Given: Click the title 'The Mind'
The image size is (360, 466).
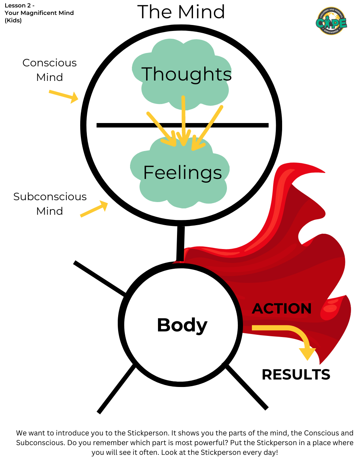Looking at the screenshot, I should pyautogui.click(x=181, y=12).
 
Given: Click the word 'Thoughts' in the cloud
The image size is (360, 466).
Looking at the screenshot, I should pyautogui.click(x=186, y=74).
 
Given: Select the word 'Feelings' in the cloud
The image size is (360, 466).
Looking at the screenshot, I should pyautogui.click(x=183, y=173).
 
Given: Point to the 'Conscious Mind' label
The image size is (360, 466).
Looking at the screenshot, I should pyautogui.click(x=50, y=70).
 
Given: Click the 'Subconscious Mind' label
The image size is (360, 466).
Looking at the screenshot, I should pyautogui.click(x=50, y=204).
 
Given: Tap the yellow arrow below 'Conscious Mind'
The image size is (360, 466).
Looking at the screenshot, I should pyautogui.click(x=63, y=96).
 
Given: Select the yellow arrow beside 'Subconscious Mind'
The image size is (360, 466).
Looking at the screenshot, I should pyautogui.click(x=94, y=209).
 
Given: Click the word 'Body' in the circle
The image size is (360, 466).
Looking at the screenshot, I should pyautogui.click(x=182, y=325).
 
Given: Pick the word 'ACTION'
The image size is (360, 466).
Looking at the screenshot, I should pyautogui.click(x=282, y=309).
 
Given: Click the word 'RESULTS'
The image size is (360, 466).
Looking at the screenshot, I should pyautogui.click(x=296, y=375).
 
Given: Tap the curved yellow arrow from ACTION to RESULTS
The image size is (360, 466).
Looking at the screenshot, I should pyautogui.click(x=291, y=334).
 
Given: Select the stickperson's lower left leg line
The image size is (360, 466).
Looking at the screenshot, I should pyautogui.click(x=116, y=389).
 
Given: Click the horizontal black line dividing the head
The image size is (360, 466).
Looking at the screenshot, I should pyautogui.click(x=130, y=125).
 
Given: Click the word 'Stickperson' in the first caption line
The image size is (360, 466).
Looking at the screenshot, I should pyautogui.click(x=148, y=433).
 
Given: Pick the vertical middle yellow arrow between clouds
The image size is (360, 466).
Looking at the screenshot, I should pyautogui.click(x=183, y=119).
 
